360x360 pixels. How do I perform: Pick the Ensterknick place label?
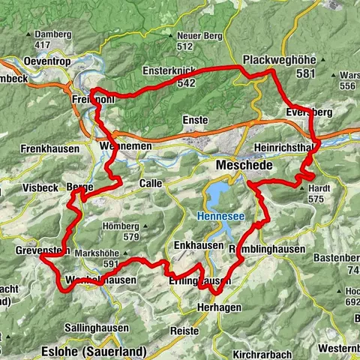(169, 71)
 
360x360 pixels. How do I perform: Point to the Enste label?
(195, 119)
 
